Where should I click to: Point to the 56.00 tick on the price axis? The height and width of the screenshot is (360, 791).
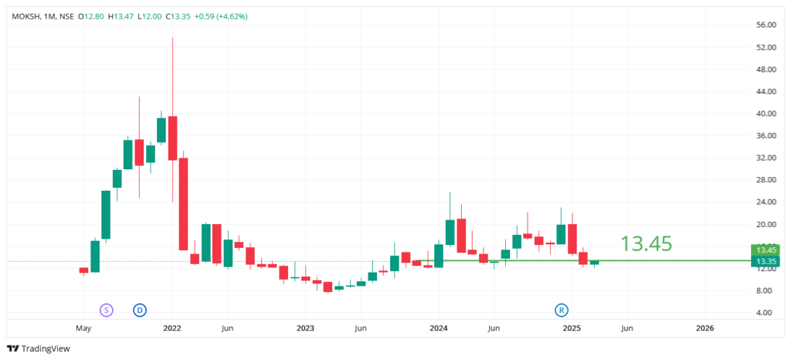tap(766, 25)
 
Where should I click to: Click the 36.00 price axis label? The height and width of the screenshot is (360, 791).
tap(766, 136)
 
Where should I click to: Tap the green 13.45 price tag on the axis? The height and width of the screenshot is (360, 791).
tap(766, 250)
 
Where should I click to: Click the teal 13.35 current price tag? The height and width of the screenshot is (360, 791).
tap(766, 261)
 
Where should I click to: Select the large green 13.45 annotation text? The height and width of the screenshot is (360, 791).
tap(646, 244)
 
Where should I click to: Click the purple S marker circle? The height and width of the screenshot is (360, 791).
tap(106, 310)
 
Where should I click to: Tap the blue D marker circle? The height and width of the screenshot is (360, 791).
tap(140, 310)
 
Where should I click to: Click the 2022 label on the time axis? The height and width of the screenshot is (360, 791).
tap(172, 328)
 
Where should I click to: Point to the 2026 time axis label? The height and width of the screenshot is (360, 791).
tap(705, 328)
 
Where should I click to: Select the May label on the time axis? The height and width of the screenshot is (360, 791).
tap(83, 328)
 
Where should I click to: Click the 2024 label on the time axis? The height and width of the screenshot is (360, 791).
tap(439, 328)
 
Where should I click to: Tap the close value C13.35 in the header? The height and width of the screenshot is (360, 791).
tap(182, 16)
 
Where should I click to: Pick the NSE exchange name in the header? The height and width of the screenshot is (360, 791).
tap(68, 16)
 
